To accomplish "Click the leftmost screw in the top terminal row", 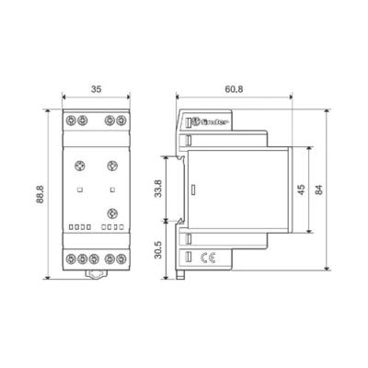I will click(x=70, y=121).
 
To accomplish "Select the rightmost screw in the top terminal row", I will click(x=120, y=121).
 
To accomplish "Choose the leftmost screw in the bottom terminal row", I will click(x=70, y=259).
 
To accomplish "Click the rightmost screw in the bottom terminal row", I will click(x=120, y=259).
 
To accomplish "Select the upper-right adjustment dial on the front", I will click(x=111, y=166).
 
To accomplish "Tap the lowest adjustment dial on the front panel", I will click(x=112, y=214).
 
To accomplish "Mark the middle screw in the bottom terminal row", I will click(x=95, y=259).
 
